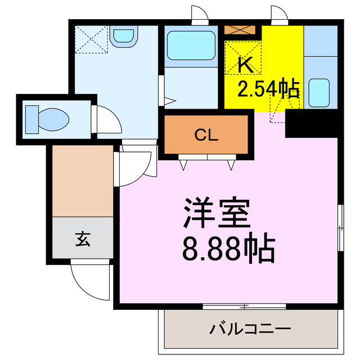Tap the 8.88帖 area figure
pos(228,248)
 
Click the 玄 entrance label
pos(83,239)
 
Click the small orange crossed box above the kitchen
pos(241,30)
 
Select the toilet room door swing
pos(107,119)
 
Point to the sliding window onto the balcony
pos(245,306)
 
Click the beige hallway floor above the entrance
pos(83,180)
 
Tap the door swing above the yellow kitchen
pos(278,15)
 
